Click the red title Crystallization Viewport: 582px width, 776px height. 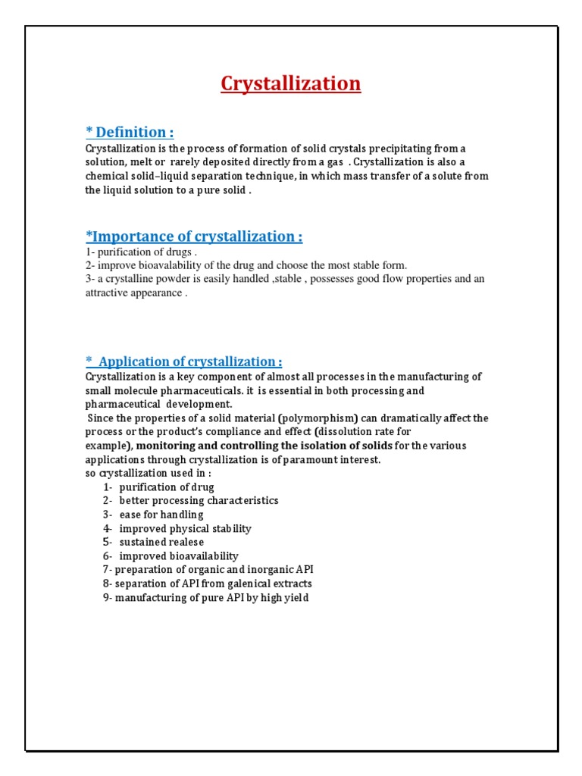pyautogui.click(x=291, y=83)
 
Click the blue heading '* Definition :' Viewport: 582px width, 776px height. pyautogui.click(x=130, y=133)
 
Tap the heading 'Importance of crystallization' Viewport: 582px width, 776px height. pyautogui.click(x=194, y=236)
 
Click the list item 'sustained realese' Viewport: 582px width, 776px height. pyautogui.click(x=161, y=542)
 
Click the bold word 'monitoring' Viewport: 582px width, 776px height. pyautogui.click(x=164, y=446)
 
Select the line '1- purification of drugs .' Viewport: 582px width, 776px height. pyautogui.click(x=141, y=252)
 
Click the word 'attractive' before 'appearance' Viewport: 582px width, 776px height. pyautogui.click(x=109, y=293)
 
